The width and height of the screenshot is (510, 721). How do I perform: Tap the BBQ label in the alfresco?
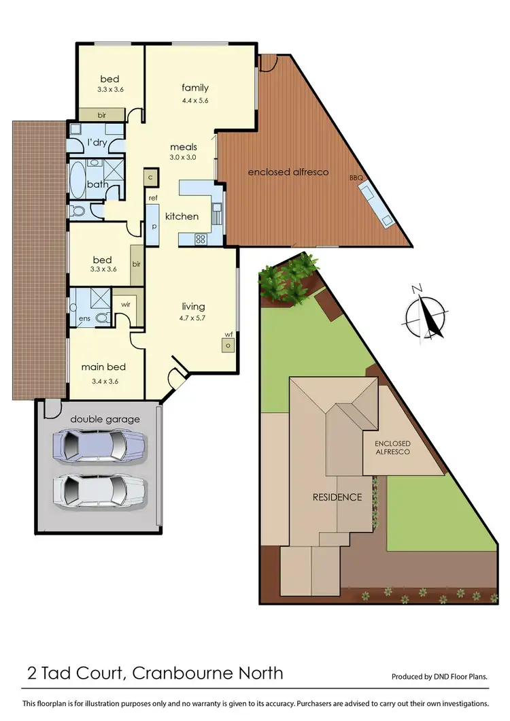pos(357,178)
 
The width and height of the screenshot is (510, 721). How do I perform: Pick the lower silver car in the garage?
pos(99,490)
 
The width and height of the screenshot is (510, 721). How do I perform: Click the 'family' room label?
pos(194,88)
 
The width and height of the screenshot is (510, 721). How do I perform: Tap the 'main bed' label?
pos(104,367)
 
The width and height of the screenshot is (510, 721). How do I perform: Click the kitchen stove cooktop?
pos(201,238)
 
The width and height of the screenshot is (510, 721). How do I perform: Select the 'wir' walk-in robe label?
pos(126,305)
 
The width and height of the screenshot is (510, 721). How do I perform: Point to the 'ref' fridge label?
pos(153,198)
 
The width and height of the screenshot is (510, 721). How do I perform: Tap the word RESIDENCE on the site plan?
pos(337,497)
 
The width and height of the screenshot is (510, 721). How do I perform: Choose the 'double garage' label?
pos(105,419)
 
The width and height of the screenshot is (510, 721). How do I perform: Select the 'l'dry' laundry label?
pos(97,142)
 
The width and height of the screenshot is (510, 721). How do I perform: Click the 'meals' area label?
pos(184,146)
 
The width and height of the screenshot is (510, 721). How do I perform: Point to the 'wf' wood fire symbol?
pos(228,342)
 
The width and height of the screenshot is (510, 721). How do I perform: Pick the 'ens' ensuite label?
pos(84,318)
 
